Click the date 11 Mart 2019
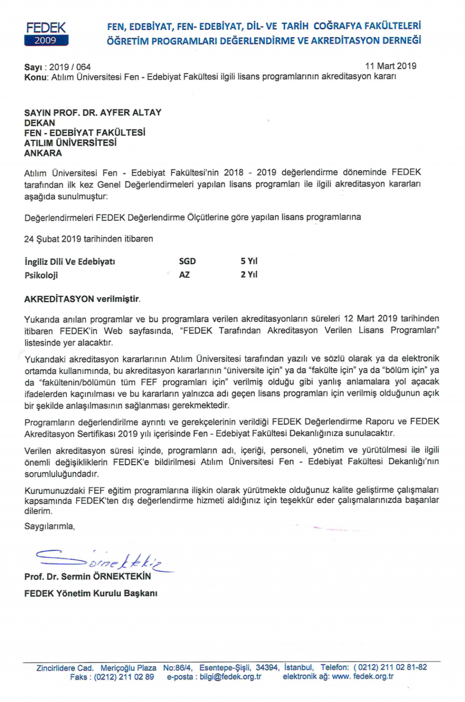(x=391, y=66)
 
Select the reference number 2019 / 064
(x=70, y=67)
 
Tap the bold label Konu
(x=35, y=77)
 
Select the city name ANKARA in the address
(x=43, y=153)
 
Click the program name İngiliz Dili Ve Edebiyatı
(x=69, y=262)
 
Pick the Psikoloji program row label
(x=41, y=275)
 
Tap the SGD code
(x=187, y=261)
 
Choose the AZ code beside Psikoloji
(x=184, y=275)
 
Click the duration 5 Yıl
(x=249, y=261)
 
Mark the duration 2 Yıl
(x=249, y=275)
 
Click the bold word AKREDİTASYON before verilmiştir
(x=59, y=299)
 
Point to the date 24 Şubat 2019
(x=52, y=239)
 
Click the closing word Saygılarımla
(x=49, y=526)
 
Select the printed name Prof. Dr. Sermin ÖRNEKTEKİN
(x=88, y=576)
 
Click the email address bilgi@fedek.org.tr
(x=230, y=677)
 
